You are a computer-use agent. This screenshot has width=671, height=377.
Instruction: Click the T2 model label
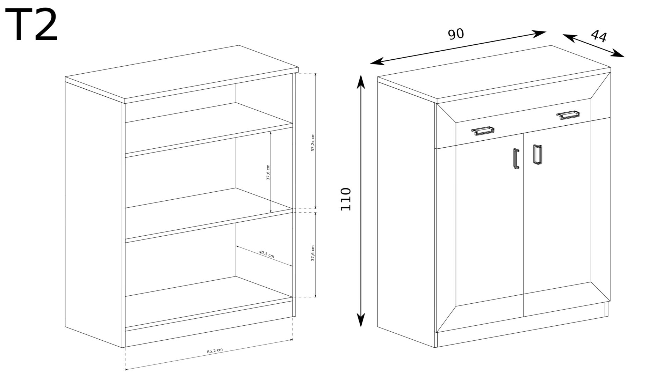pos(31,25)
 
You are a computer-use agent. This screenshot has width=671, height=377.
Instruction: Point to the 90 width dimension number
pos(456,34)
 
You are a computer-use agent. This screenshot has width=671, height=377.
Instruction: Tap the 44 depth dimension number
pos(599,36)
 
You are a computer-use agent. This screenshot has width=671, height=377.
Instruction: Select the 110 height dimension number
pos(345,199)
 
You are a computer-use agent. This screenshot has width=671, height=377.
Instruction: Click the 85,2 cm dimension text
pos(215,351)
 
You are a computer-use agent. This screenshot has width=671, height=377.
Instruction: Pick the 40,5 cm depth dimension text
pos(266,254)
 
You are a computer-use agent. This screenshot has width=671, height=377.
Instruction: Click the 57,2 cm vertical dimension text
pos(313,142)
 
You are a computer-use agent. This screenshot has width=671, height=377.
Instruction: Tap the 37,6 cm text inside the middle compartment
pos(268,172)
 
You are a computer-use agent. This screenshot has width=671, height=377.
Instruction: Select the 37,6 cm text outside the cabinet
pos(313,253)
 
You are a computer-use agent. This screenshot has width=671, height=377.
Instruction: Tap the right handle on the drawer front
pos(568,115)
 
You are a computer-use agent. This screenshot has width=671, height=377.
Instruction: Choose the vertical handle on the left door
pos(516,159)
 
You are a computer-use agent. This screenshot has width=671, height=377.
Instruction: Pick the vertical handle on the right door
pos(537,154)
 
